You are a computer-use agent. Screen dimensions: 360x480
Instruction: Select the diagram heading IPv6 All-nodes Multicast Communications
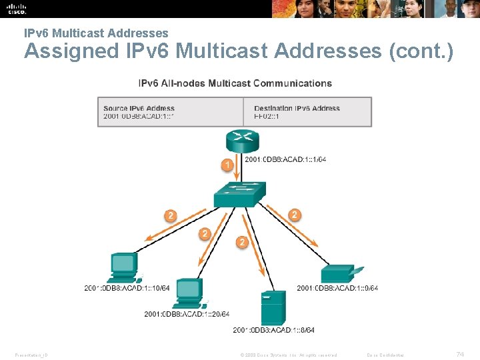point(235,83)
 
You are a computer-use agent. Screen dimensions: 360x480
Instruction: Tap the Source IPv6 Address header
point(139,108)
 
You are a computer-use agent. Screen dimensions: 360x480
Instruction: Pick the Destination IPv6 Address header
point(297,108)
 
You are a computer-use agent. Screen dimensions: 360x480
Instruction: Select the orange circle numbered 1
point(227,164)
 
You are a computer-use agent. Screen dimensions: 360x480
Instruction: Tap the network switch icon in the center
point(239,194)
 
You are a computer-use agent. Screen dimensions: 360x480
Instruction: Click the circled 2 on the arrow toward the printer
point(295,215)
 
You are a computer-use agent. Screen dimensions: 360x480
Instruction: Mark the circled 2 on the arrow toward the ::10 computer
point(171,215)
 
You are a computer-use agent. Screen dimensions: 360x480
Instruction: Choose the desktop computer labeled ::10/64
point(124,267)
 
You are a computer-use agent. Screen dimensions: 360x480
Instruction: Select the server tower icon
point(272,308)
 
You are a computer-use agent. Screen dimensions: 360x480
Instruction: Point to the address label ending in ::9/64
point(337,288)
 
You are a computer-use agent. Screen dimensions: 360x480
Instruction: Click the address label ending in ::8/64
point(274,330)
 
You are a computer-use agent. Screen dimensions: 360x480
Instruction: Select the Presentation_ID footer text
point(29,355)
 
